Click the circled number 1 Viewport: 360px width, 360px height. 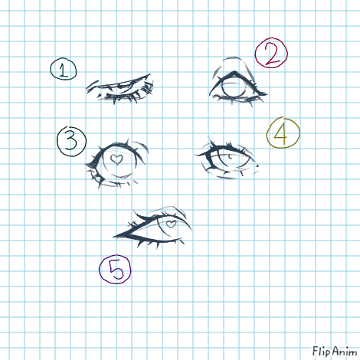64,69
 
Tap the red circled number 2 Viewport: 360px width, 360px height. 271,53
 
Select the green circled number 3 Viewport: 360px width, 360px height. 71,141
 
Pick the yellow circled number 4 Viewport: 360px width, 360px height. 283,133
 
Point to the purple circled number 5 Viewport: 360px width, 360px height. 115,269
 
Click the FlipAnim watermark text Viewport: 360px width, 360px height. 335,352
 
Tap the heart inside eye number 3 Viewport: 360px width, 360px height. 116,159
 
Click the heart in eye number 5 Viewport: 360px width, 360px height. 171,224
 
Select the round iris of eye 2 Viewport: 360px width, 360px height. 233,87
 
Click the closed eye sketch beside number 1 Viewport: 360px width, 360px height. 120,89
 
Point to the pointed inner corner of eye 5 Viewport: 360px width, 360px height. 114,237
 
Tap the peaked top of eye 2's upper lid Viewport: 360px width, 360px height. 234,73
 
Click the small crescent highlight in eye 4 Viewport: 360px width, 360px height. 231,156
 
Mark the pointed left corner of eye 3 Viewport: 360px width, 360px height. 86,165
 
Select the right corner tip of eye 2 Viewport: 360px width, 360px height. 267,94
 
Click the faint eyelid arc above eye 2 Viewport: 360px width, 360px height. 234,58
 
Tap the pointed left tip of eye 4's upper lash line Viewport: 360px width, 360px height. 195,155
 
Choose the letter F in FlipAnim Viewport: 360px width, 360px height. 316,351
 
